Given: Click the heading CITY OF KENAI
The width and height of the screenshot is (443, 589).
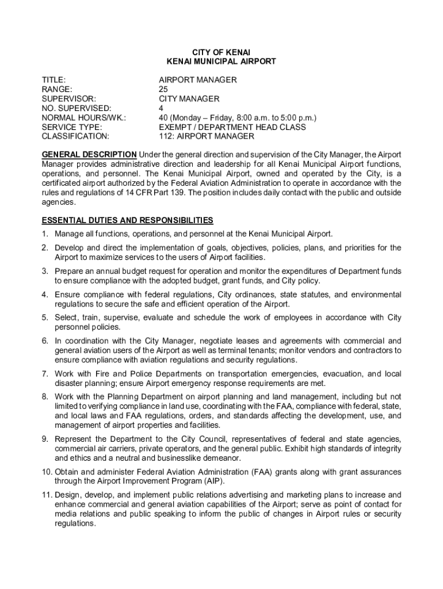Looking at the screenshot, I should [221, 52].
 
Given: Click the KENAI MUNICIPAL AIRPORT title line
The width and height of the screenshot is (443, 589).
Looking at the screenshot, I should [221, 61].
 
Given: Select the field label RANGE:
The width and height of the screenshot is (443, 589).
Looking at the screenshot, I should [57, 89].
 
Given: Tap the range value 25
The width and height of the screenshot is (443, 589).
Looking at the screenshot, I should [163, 89].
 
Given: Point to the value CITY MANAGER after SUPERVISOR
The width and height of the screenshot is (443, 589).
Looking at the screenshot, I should [189, 99].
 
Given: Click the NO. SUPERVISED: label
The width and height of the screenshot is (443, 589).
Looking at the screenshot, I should [77, 108].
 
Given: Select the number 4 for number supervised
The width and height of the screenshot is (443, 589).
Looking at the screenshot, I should [162, 108].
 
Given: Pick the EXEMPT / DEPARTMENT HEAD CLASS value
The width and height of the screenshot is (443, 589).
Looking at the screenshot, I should [232, 127].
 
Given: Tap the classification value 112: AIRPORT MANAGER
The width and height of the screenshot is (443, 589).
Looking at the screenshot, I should [207, 136].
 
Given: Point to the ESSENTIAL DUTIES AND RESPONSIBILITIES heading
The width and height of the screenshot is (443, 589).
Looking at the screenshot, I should [127, 220].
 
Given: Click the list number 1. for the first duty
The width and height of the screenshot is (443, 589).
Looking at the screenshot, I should [44, 234].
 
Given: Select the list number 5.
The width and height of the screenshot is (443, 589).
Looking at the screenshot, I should [44, 318].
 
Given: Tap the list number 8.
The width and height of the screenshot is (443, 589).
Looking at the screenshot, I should [44, 396].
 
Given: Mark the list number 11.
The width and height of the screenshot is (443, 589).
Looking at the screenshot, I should [46, 495].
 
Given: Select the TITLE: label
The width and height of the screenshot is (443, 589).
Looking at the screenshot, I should [54, 80].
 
